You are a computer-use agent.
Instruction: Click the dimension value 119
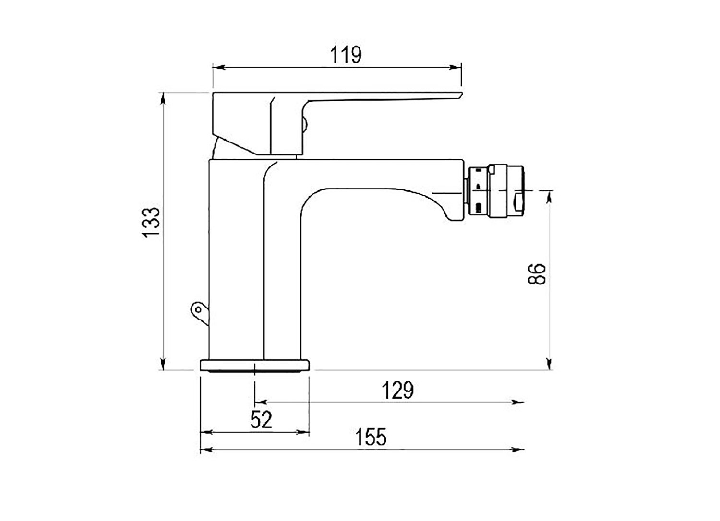(x=346, y=55)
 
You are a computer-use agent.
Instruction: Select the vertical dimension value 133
(x=152, y=222)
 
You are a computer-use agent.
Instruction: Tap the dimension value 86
(x=537, y=274)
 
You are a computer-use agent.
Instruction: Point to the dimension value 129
(x=397, y=391)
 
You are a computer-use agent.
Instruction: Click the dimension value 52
(x=262, y=420)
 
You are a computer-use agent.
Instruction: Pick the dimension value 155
(x=371, y=438)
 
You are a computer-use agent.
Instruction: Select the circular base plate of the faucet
(x=255, y=365)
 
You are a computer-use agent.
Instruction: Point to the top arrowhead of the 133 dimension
(x=164, y=98)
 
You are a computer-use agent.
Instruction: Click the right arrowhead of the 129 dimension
(x=519, y=402)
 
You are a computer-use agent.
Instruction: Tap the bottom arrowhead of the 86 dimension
(x=549, y=364)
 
